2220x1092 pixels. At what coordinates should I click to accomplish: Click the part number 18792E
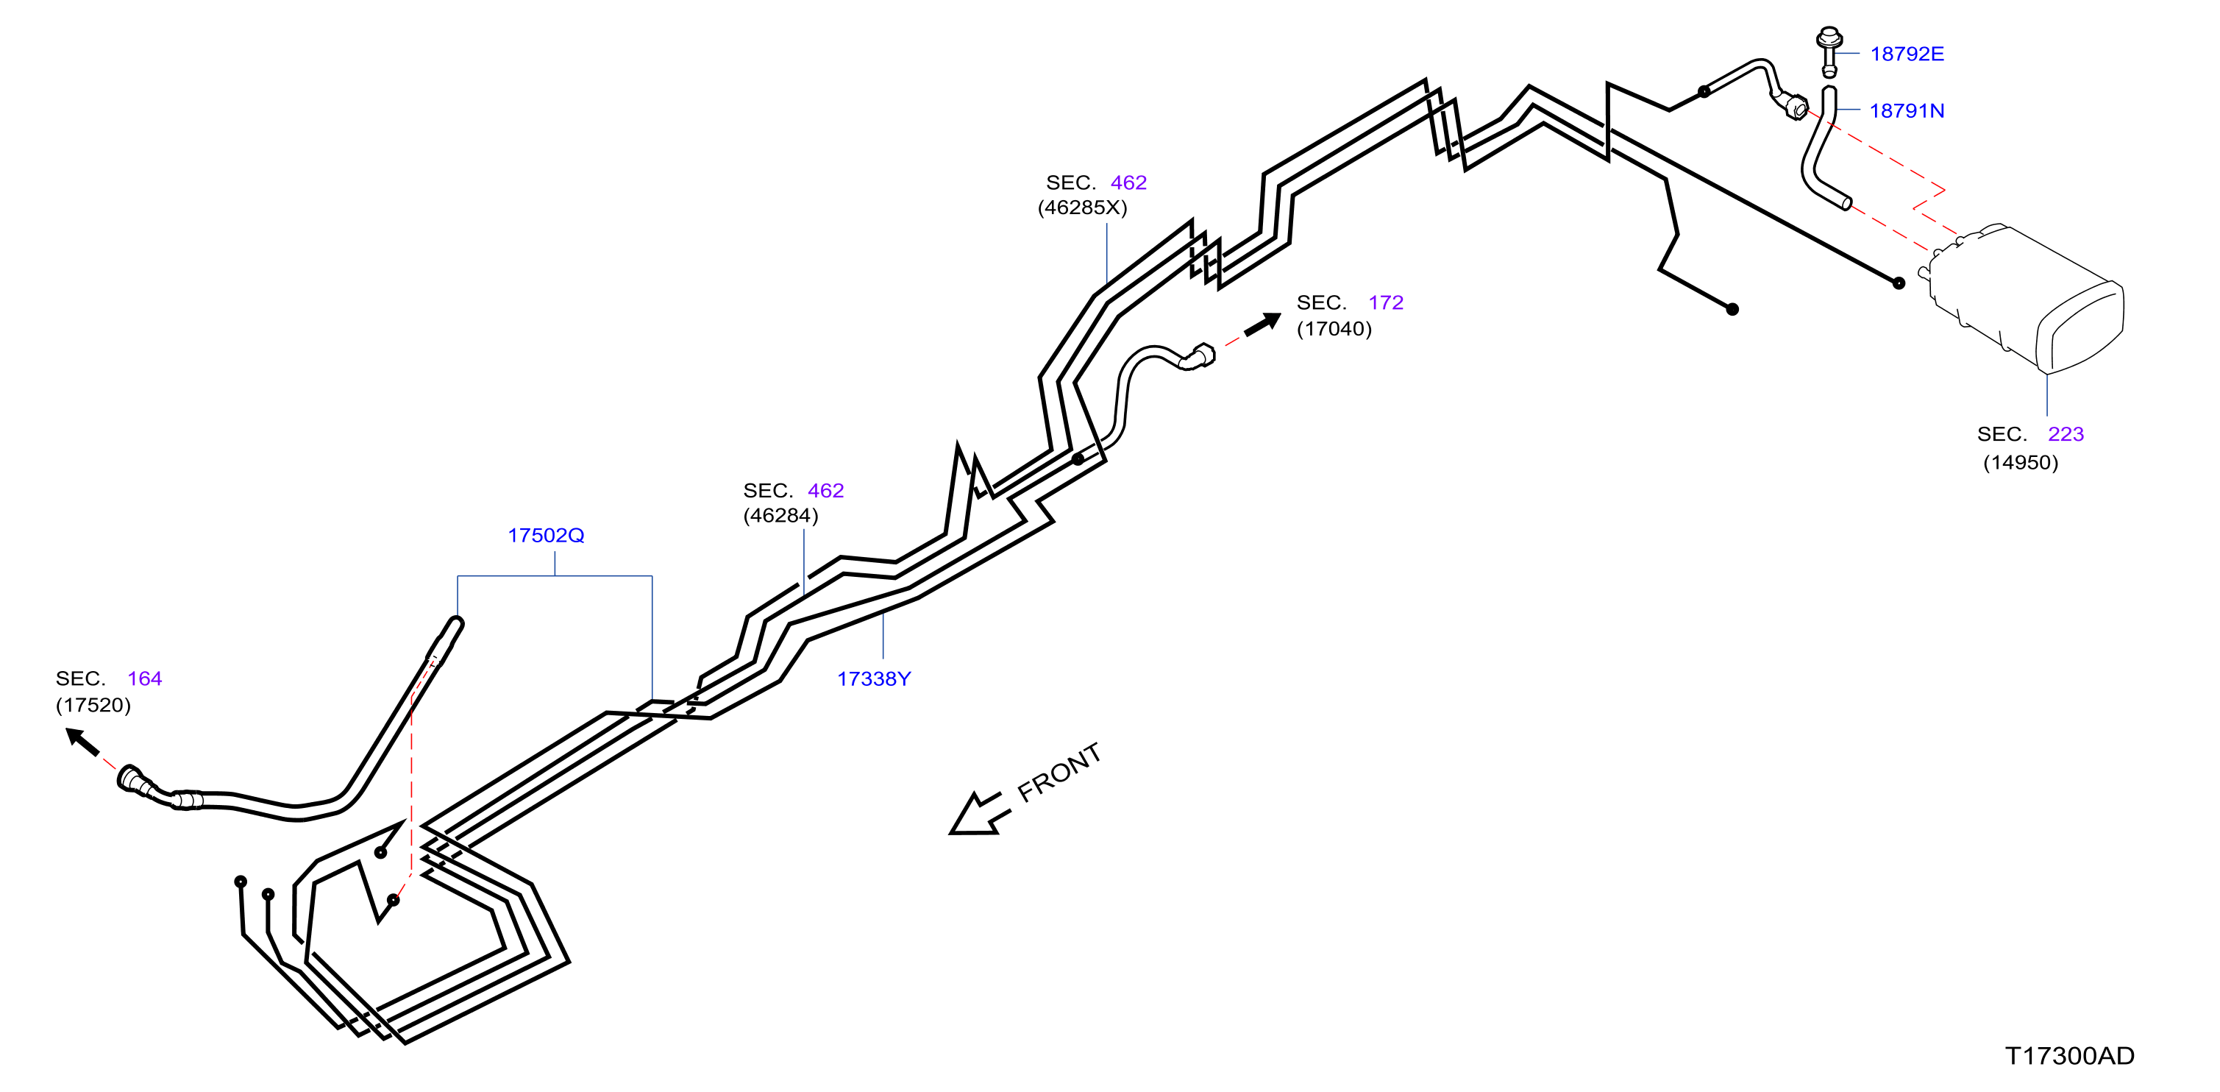(x=1907, y=54)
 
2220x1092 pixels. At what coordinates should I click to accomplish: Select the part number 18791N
(x=1907, y=111)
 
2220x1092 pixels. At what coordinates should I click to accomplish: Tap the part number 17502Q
(x=546, y=535)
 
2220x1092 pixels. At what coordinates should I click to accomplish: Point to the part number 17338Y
(x=874, y=679)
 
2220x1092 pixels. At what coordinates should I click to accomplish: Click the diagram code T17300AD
(x=2069, y=1056)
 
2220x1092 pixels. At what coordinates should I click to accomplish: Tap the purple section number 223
(x=2065, y=434)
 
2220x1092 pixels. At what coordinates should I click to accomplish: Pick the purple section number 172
(x=1386, y=302)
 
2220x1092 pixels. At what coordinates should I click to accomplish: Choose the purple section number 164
(x=145, y=679)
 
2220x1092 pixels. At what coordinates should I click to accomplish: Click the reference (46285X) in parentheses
(x=1083, y=208)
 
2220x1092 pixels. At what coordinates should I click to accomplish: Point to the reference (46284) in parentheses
(x=780, y=515)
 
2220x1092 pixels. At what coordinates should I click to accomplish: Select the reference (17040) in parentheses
(x=1334, y=329)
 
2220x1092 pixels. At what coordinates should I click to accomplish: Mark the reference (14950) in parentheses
(x=2020, y=463)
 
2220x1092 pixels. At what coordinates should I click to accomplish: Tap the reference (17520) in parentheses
(x=93, y=705)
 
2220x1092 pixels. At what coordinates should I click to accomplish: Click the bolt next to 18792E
(x=1829, y=51)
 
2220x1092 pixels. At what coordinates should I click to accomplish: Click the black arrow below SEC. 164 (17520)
(x=84, y=742)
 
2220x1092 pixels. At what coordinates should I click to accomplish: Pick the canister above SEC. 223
(x=2025, y=298)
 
